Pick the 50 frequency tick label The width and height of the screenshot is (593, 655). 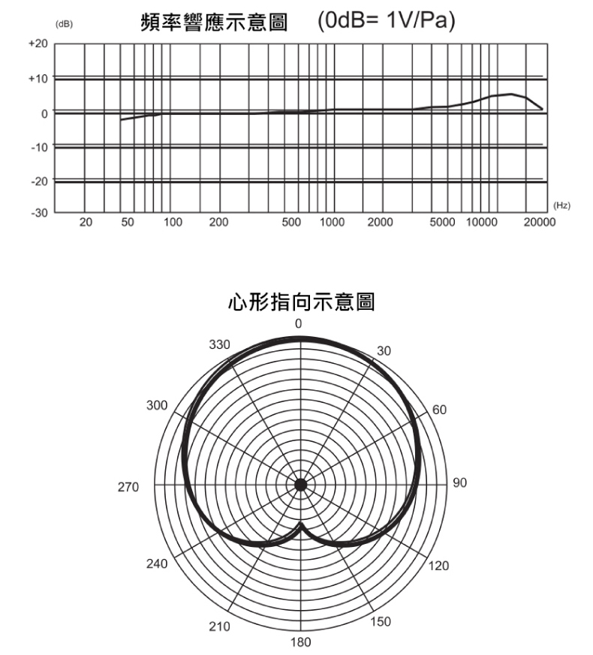point(127,223)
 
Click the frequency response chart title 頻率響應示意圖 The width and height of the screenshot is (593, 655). point(214,23)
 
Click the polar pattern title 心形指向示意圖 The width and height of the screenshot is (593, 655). point(300,303)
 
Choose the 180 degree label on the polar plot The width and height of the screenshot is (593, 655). point(300,642)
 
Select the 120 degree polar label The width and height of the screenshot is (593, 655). point(441,566)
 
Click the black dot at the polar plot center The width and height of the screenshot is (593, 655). point(300,485)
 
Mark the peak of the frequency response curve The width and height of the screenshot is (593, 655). point(511,94)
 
